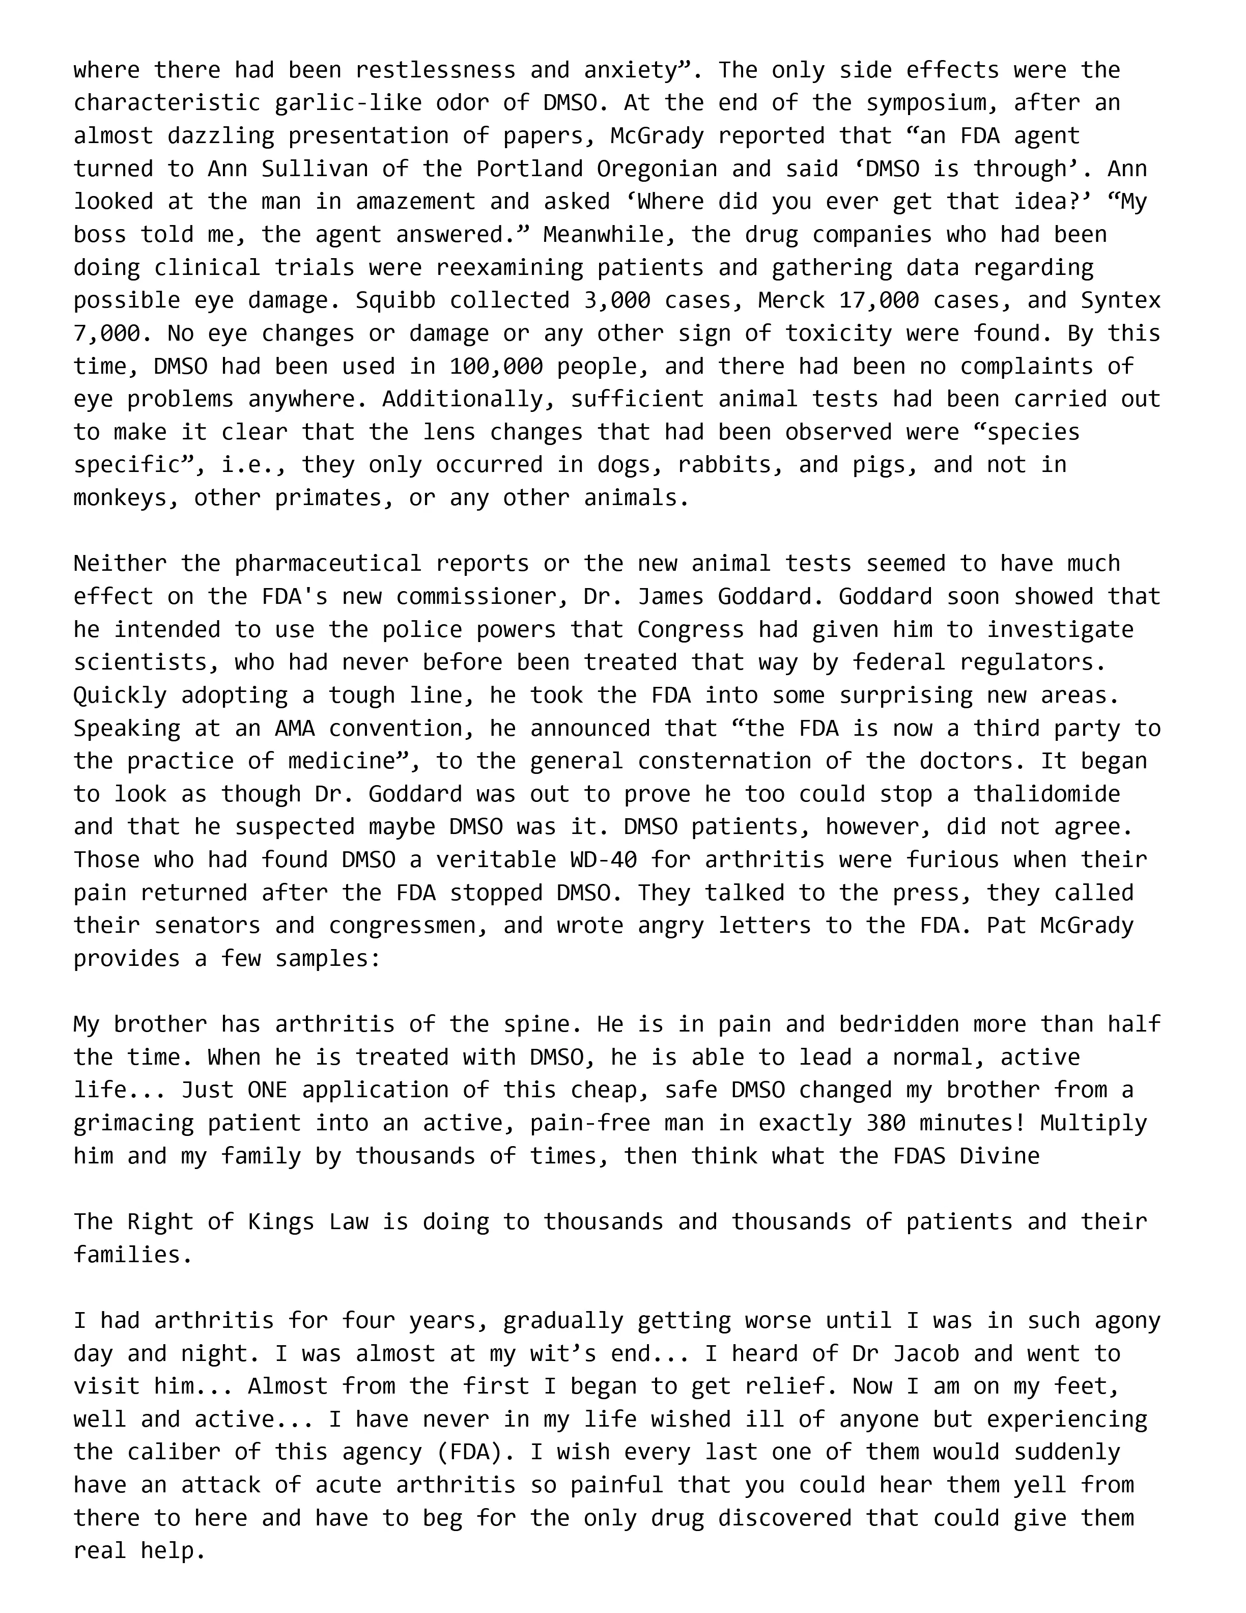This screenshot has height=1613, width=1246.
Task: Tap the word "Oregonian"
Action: pyautogui.click(x=656, y=169)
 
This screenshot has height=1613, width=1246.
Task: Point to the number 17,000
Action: pyautogui.click(x=879, y=300)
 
